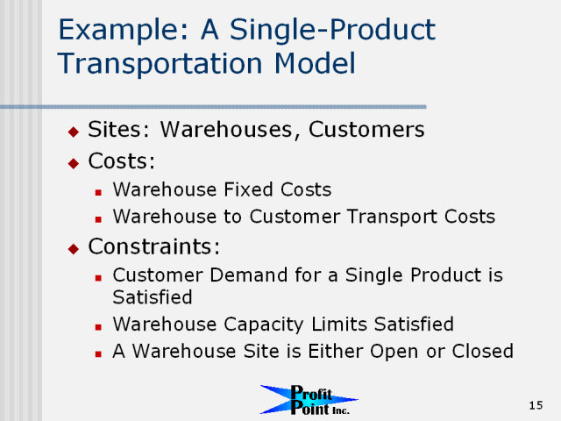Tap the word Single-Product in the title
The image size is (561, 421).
point(332,30)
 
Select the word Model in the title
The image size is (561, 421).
point(315,63)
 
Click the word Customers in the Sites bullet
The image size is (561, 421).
point(366,129)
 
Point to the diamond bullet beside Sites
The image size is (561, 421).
point(74,132)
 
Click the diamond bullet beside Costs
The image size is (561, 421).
point(74,163)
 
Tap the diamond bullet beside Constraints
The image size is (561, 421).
point(74,248)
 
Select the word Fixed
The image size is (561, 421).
point(248,189)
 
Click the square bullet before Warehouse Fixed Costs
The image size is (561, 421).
point(98,193)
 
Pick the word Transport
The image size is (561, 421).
point(392,217)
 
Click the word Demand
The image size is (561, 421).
point(249,275)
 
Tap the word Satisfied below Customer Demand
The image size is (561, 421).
point(153,297)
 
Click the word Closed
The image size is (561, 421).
point(483,351)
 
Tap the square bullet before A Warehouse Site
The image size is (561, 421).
point(98,354)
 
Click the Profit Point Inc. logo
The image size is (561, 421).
point(309,400)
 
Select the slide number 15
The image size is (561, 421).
point(536,405)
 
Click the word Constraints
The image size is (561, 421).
point(154,246)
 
